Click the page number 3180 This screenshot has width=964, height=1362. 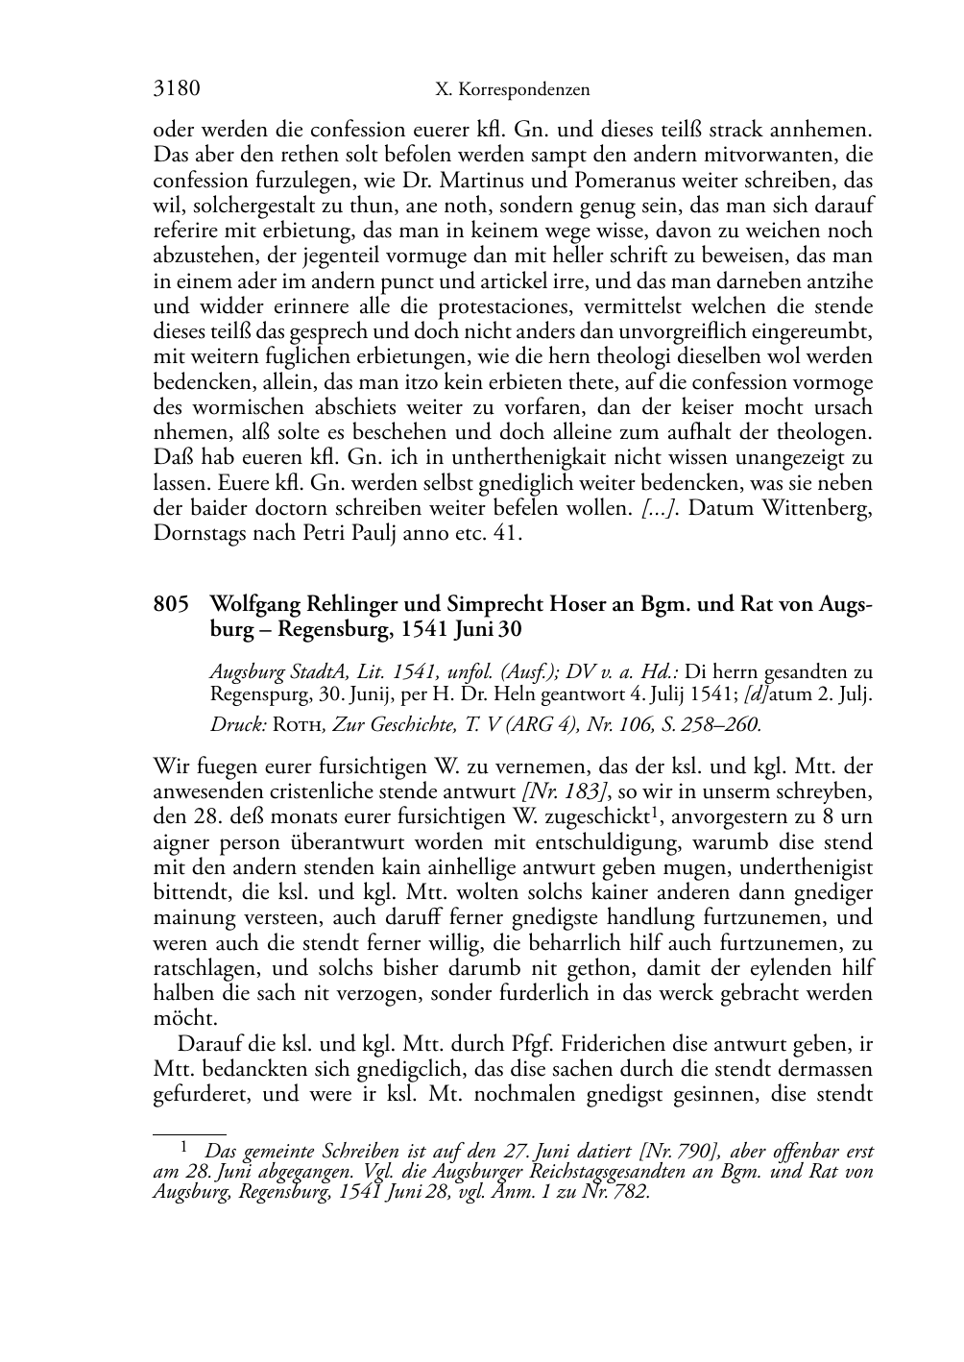pyautogui.click(x=177, y=89)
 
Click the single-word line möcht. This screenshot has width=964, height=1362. pyautogui.click(x=186, y=1018)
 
